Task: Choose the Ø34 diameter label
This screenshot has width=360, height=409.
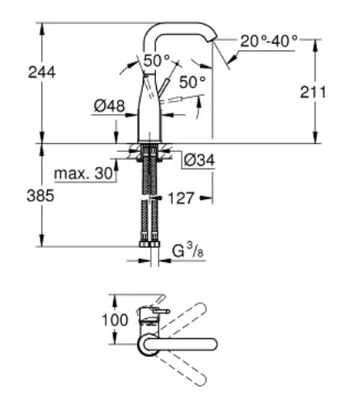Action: coord(199,159)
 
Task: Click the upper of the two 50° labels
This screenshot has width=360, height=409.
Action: coord(156,59)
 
